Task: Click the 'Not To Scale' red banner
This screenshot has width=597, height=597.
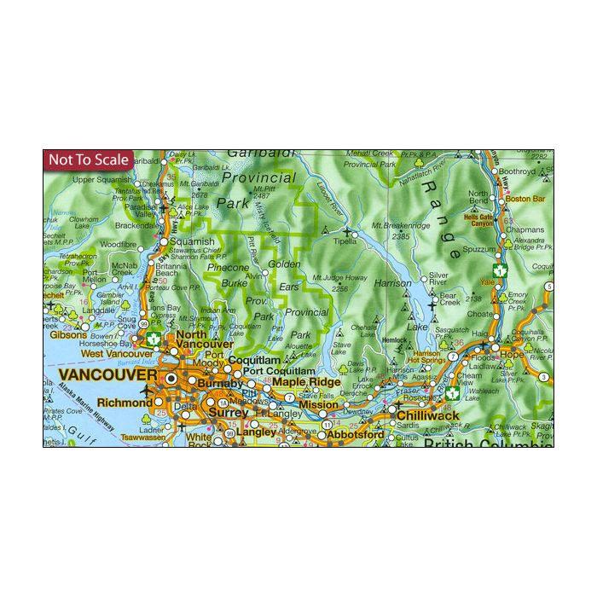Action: pyautogui.click(x=89, y=159)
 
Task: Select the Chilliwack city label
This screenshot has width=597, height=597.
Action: pyautogui.click(x=428, y=415)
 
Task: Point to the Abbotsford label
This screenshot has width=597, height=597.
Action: pyautogui.click(x=356, y=434)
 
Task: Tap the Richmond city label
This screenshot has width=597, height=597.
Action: pyautogui.click(x=125, y=402)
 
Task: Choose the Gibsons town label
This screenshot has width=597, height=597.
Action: pyautogui.click(x=69, y=335)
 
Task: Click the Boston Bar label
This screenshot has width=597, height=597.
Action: pyautogui.click(x=525, y=199)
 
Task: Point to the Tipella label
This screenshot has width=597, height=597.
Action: pyautogui.click(x=345, y=241)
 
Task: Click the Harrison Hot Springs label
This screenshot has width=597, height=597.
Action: pyautogui.click(x=426, y=356)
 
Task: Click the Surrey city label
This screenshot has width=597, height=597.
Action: pyautogui.click(x=228, y=413)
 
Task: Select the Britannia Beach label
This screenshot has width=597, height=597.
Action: pyautogui.click(x=172, y=270)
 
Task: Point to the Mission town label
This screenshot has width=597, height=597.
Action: pyautogui.click(x=317, y=405)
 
